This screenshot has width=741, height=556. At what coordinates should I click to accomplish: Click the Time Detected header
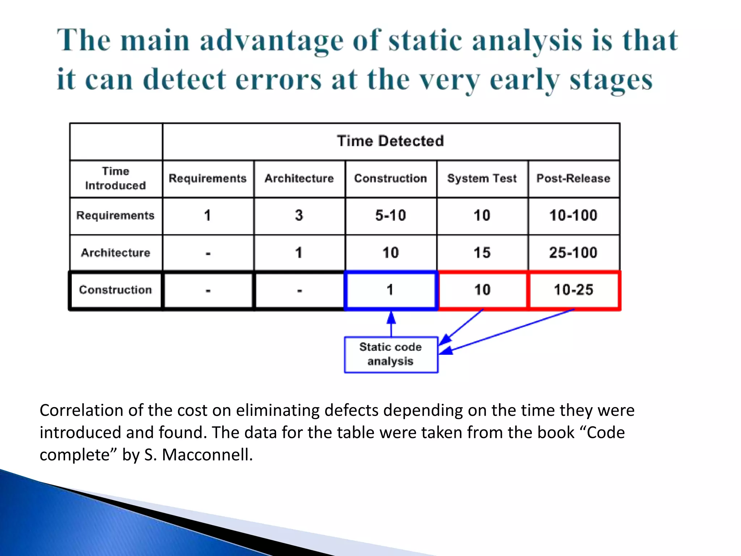click(x=390, y=141)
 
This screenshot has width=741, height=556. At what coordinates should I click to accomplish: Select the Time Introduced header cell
click(x=115, y=178)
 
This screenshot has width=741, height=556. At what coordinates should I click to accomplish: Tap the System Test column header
click(x=482, y=178)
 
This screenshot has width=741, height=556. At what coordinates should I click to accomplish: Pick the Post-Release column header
click(x=573, y=178)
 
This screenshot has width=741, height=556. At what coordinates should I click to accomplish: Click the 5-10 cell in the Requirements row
click(x=390, y=216)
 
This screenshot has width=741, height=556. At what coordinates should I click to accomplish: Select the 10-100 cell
click(x=573, y=216)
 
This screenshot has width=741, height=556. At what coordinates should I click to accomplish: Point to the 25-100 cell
click(x=573, y=253)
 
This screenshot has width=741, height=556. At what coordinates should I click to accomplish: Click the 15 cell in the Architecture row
click(x=482, y=253)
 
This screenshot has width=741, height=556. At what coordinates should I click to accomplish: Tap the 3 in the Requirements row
click(x=299, y=216)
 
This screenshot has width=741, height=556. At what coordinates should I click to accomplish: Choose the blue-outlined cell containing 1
click(x=390, y=290)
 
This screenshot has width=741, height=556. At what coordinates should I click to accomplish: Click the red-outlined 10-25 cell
click(x=573, y=290)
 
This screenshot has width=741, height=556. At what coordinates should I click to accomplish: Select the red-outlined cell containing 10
click(x=482, y=290)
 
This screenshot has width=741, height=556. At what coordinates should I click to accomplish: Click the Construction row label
click(x=115, y=290)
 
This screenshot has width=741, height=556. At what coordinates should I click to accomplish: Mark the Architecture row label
click(x=115, y=253)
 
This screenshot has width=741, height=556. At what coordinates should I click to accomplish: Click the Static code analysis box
click(x=391, y=354)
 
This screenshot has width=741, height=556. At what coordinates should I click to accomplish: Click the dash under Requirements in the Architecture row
click(x=208, y=254)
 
